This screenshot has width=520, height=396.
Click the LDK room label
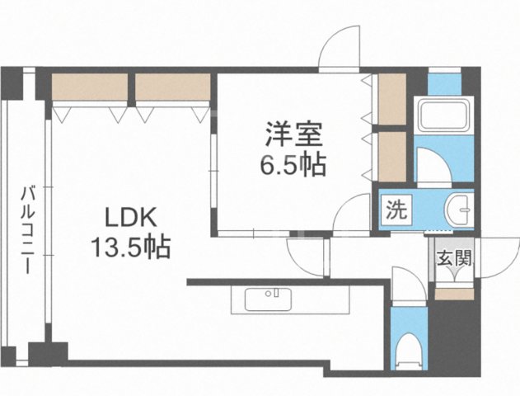tap(128, 219)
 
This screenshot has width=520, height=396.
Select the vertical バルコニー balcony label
tap(26, 231)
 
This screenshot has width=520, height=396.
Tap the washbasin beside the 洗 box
tap(457, 210)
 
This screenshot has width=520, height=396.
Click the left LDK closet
tap(90, 87)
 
